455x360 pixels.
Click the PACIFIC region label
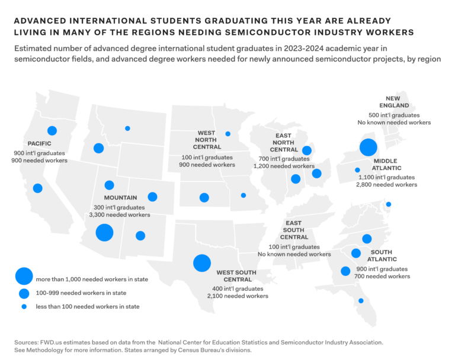pos(40,143)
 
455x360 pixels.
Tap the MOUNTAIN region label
pos(120,197)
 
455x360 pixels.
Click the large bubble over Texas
pos(202,262)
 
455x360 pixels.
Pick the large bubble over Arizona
pos(104,233)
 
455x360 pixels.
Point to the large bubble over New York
pos(369,147)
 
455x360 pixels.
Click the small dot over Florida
pos(361,301)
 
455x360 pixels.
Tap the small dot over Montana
pos(127,128)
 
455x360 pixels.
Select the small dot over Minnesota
pos(228,134)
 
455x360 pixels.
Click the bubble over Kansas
pos(204,197)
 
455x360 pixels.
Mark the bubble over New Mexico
pos(140,236)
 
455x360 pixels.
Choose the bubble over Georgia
pos(345,271)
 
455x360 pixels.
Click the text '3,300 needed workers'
pos(120,215)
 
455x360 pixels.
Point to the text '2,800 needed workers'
pos(387,185)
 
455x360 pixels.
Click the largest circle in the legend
pos(24,276)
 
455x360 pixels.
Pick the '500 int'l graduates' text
pos(394,115)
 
